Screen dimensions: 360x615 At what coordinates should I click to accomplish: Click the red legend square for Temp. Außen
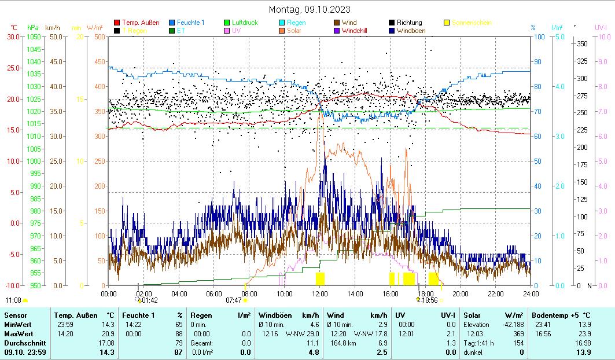[x=117, y=23]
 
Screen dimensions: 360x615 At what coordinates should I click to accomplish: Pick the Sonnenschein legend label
[x=472, y=23]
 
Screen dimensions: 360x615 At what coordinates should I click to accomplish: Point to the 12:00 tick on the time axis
[x=320, y=293]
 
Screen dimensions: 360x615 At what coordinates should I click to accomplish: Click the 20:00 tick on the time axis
[x=461, y=293]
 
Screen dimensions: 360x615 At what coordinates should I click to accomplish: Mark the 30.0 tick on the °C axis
[x=12, y=36]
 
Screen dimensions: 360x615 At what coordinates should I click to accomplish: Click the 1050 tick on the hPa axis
[x=33, y=36]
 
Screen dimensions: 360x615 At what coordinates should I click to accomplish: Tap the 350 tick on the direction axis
[x=582, y=44]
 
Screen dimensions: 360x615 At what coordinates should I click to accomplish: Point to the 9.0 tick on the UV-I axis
[x=602, y=61]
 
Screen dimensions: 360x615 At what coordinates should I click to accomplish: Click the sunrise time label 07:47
[x=233, y=300]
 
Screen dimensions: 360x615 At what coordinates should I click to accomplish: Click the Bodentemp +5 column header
[x=561, y=315]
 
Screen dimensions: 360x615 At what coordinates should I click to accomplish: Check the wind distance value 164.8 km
[x=343, y=343]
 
